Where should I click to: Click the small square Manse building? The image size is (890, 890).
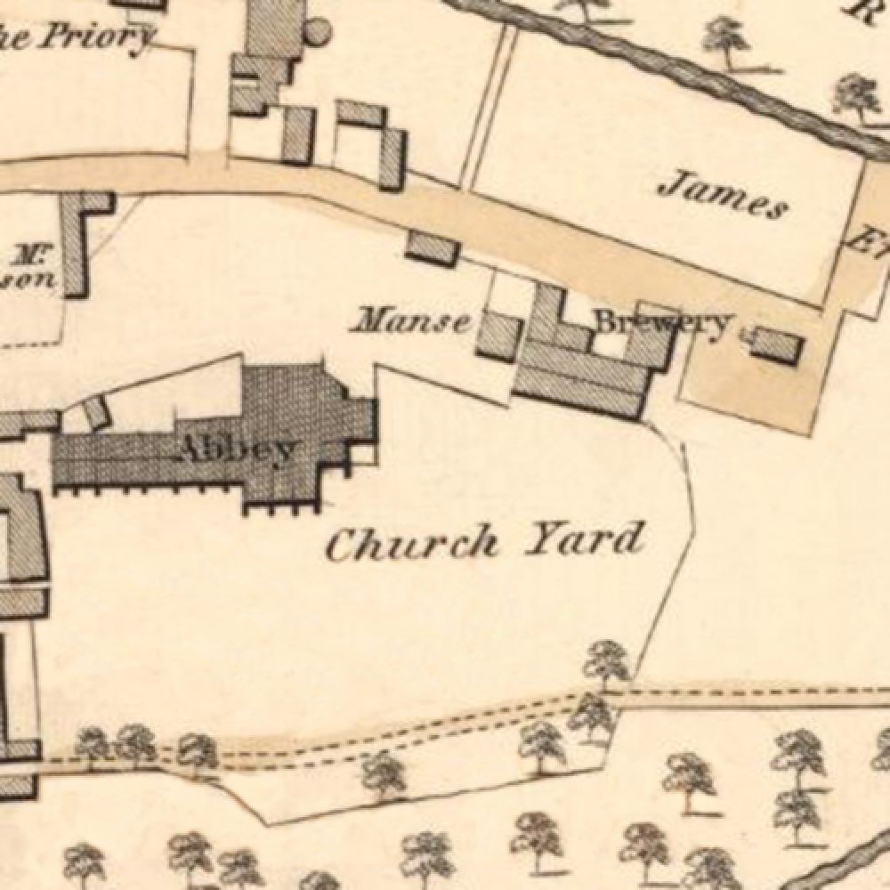(x=498, y=335)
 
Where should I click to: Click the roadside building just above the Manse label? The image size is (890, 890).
(x=433, y=247)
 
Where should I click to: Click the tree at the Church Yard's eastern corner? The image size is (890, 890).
(x=608, y=663)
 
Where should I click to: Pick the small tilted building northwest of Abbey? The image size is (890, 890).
(x=93, y=411)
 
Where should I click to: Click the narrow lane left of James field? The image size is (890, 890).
(x=488, y=107)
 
